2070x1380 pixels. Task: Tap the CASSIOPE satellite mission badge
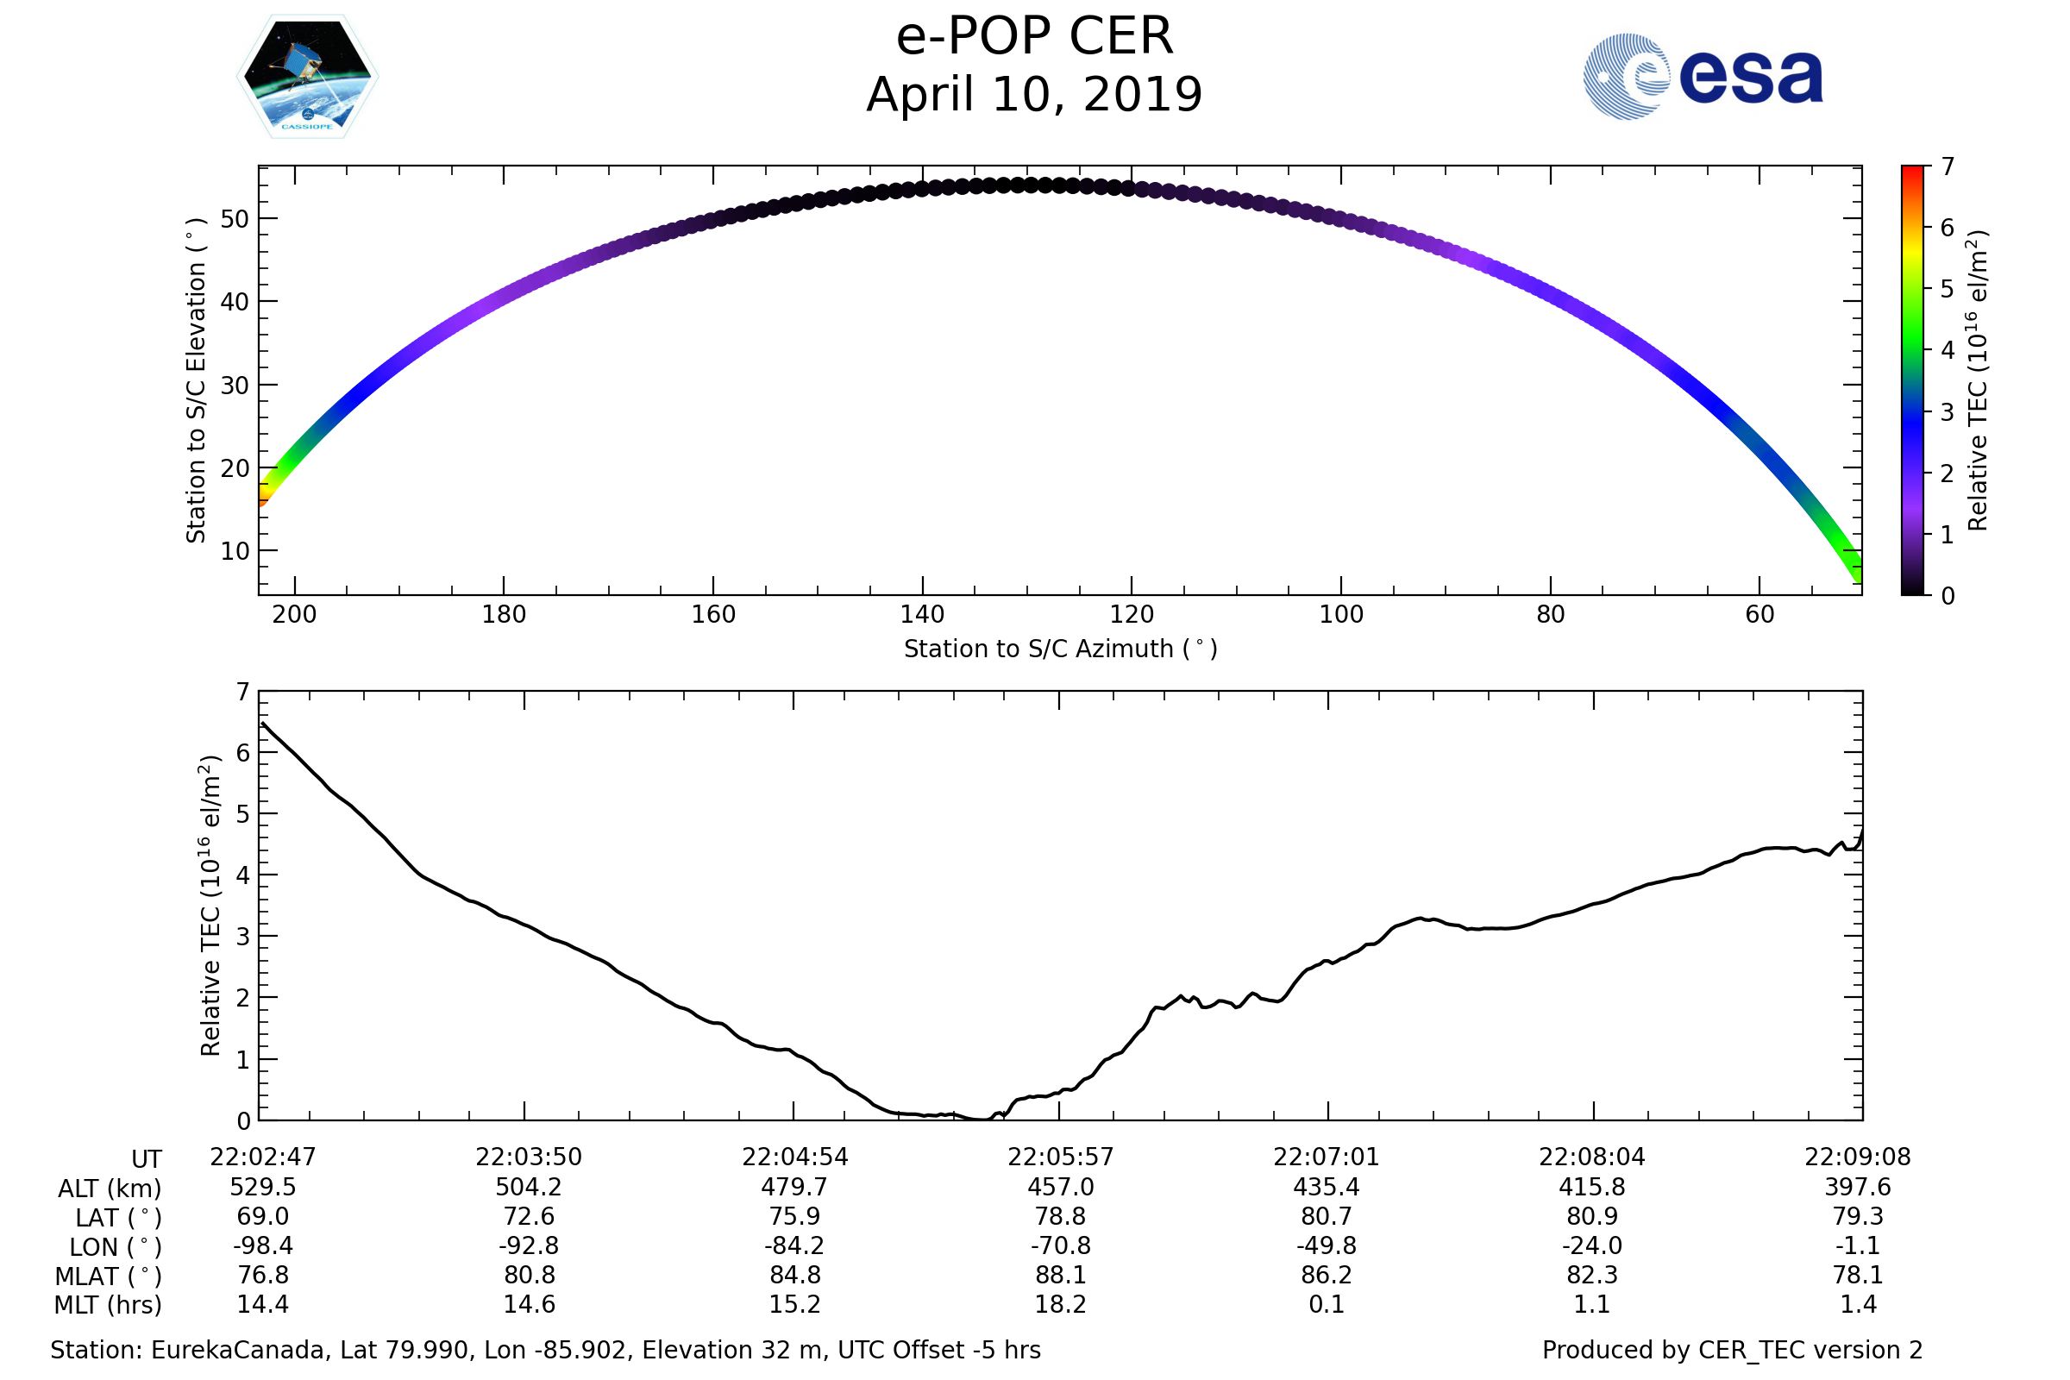(x=307, y=77)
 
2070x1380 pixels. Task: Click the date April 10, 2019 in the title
(x=1034, y=95)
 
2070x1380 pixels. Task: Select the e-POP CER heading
(x=1034, y=37)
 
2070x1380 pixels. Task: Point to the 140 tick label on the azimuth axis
(x=921, y=614)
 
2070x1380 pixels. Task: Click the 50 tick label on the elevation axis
(x=234, y=219)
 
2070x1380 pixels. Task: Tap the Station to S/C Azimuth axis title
(x=1061, y=649)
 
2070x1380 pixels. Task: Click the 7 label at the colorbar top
(x=1948, y=166)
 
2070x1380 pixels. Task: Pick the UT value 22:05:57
(x=1061, y=1157)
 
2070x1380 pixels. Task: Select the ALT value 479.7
(x=793, y=1188)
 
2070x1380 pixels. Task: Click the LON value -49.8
(x=1327, y=1246)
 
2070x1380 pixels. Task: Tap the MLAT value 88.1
(x=1061, y=1276)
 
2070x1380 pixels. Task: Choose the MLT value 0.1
(x=1327, y=1304)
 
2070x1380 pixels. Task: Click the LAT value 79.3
(x=1857, y=1216)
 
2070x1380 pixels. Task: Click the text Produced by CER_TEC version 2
(x=1732, y=1350)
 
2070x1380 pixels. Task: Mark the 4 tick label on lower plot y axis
(x=243, y=875)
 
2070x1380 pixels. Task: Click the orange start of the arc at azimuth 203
(x=262, y=499)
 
